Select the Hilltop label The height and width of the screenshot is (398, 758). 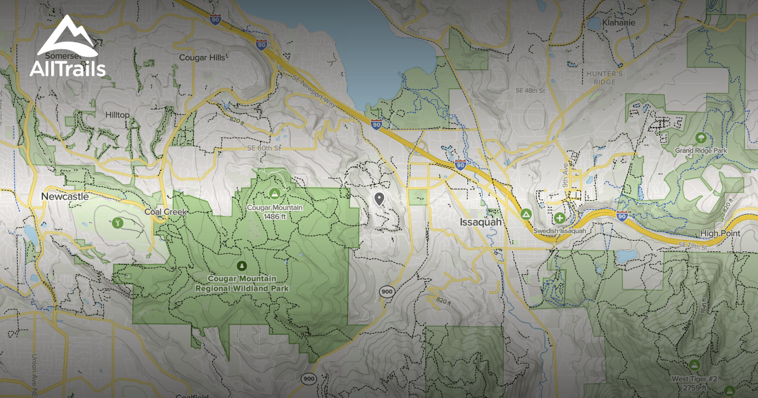point(117,114)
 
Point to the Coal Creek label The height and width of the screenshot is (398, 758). point(165,212)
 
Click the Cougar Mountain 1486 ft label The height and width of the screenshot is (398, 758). point(275,211)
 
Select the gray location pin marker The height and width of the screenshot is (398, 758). point(379,200)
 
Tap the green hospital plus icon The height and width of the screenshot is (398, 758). point(560,219)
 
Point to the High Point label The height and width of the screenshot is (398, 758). point(719,233)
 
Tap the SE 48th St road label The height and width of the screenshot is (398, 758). point(529,91)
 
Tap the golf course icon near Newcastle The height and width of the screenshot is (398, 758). point(117,222)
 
